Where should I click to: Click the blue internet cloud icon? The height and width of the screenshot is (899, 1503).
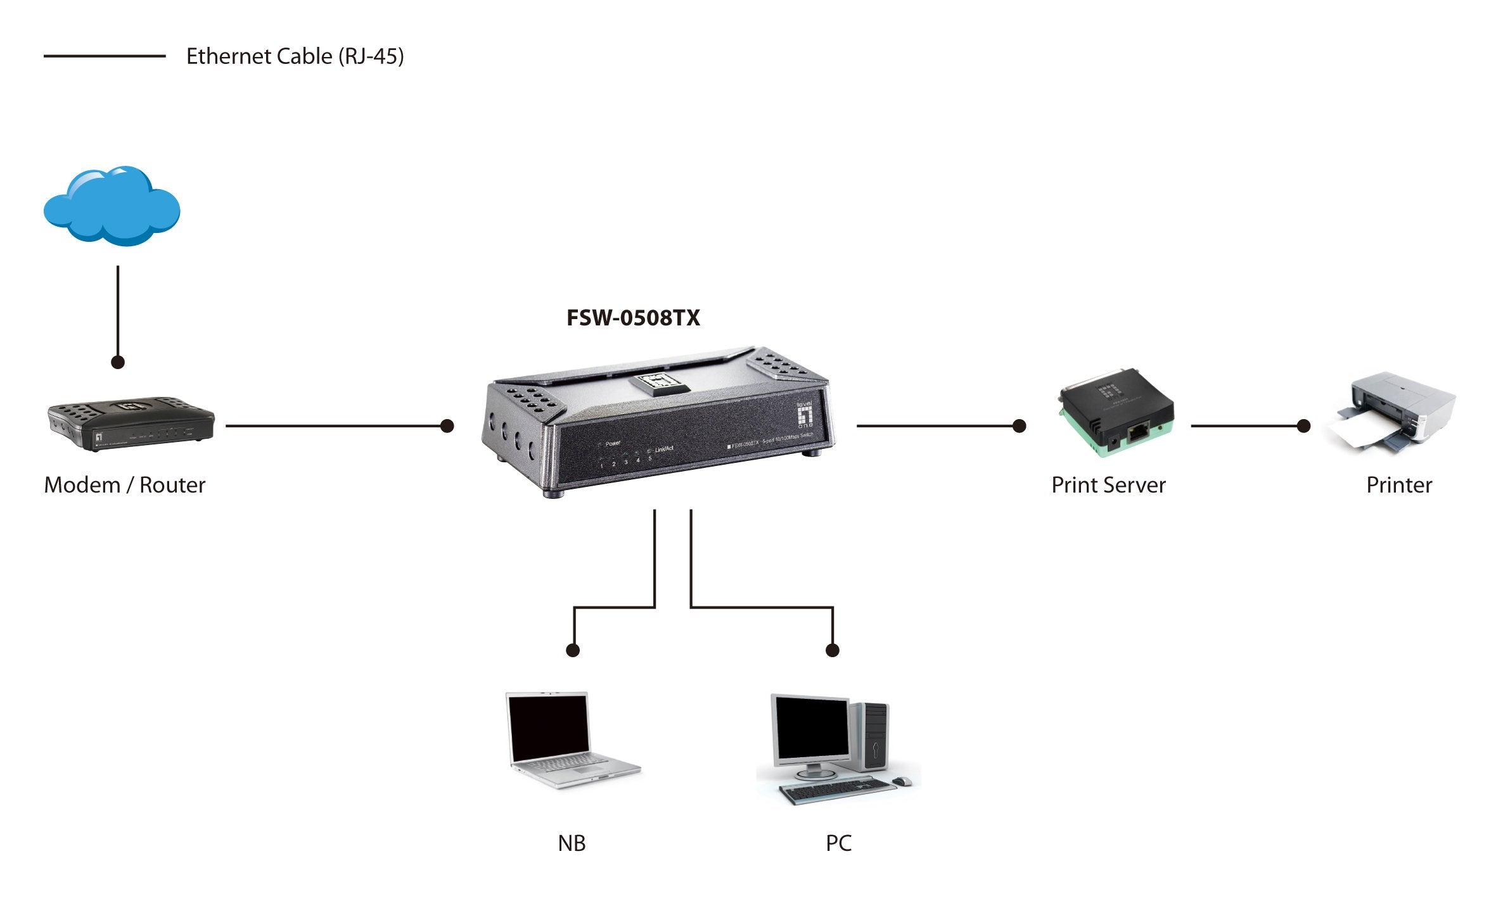point(112,207)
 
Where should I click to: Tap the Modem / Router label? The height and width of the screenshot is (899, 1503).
point(125,485)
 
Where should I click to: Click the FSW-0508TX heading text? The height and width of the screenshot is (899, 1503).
point(633,318)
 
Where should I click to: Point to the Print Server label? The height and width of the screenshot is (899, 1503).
point(1108,485)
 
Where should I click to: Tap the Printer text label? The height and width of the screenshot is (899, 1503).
point(1398,485)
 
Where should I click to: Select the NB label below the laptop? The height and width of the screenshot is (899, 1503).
point(572,843)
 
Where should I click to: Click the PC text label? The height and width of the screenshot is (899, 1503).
point(838,843)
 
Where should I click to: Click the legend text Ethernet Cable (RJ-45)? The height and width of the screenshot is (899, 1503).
point(295,56)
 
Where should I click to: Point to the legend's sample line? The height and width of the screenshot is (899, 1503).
point(105,56)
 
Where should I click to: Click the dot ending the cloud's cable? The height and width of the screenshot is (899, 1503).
point(118,362)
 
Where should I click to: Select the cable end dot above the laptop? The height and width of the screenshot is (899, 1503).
point(573,650)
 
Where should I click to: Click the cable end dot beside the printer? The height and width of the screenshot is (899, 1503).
point(1303,426)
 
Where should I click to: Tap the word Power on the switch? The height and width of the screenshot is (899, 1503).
point(613,443)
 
